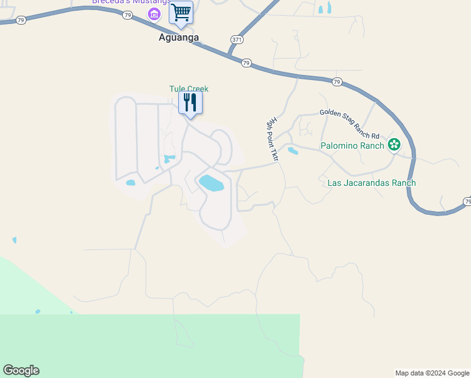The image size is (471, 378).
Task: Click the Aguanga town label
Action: [x=179, y=37]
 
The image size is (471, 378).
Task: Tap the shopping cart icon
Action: [x=181, y=12]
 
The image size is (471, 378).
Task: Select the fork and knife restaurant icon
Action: [x=190, y=102]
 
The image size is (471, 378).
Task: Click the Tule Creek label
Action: [x=188, y=89]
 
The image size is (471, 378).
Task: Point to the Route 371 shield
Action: [x=237, y=39]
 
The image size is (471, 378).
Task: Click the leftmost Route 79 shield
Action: [x=21, y=20]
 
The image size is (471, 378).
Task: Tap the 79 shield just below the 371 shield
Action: [x=246, y=62]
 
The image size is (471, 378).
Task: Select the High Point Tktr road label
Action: [x=273, y=140]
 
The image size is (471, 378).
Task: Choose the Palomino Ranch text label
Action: [x=352, y=146]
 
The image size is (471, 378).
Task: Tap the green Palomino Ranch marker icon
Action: [x=394, y=145]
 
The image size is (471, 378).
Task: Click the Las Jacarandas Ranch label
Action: [x=372, y=183]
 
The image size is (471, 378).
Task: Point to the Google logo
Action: [x=21, y=370]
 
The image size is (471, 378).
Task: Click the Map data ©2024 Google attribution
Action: [x=433, y=373]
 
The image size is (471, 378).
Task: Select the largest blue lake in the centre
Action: [x=211, y=183]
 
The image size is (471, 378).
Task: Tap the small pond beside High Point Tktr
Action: [x=293, y=151]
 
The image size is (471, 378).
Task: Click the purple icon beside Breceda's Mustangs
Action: [x=153, y=13]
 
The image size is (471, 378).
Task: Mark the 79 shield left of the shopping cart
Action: [x=128, y=15]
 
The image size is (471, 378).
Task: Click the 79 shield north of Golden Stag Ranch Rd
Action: [x=337, y=82]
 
